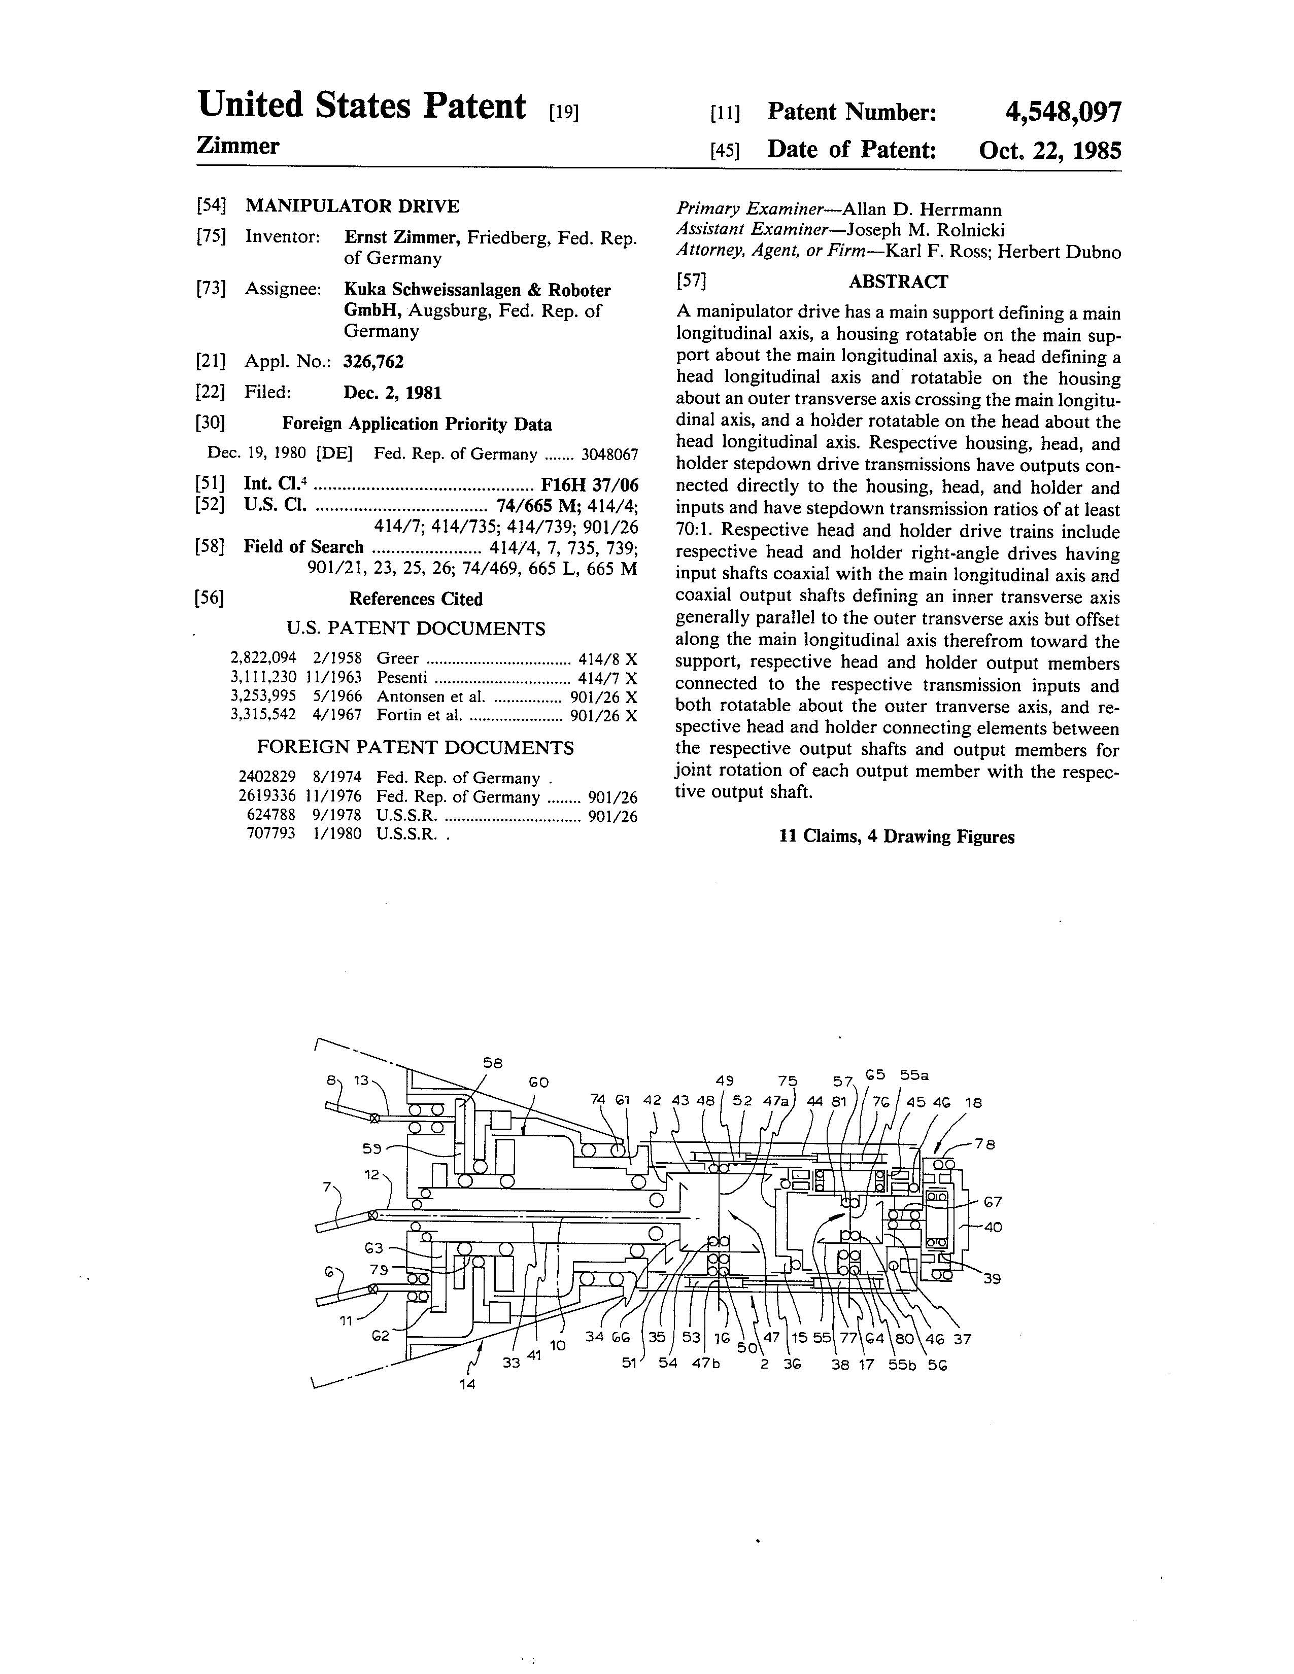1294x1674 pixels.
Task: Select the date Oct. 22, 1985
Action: (1049, 150)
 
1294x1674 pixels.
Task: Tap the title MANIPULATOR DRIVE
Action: (352, 206)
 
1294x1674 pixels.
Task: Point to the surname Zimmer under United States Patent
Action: (237, 146)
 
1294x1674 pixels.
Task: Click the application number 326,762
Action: (373, 362)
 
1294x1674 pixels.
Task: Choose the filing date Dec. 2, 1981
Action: (392, 393)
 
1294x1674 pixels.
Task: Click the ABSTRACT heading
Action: (898, 282)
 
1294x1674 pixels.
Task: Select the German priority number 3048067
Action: (609, 454)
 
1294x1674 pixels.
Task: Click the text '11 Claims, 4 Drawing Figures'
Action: (896, 837)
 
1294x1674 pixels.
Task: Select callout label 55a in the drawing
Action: (914, 1074)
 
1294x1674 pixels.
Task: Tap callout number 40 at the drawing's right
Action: (992, 1227)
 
